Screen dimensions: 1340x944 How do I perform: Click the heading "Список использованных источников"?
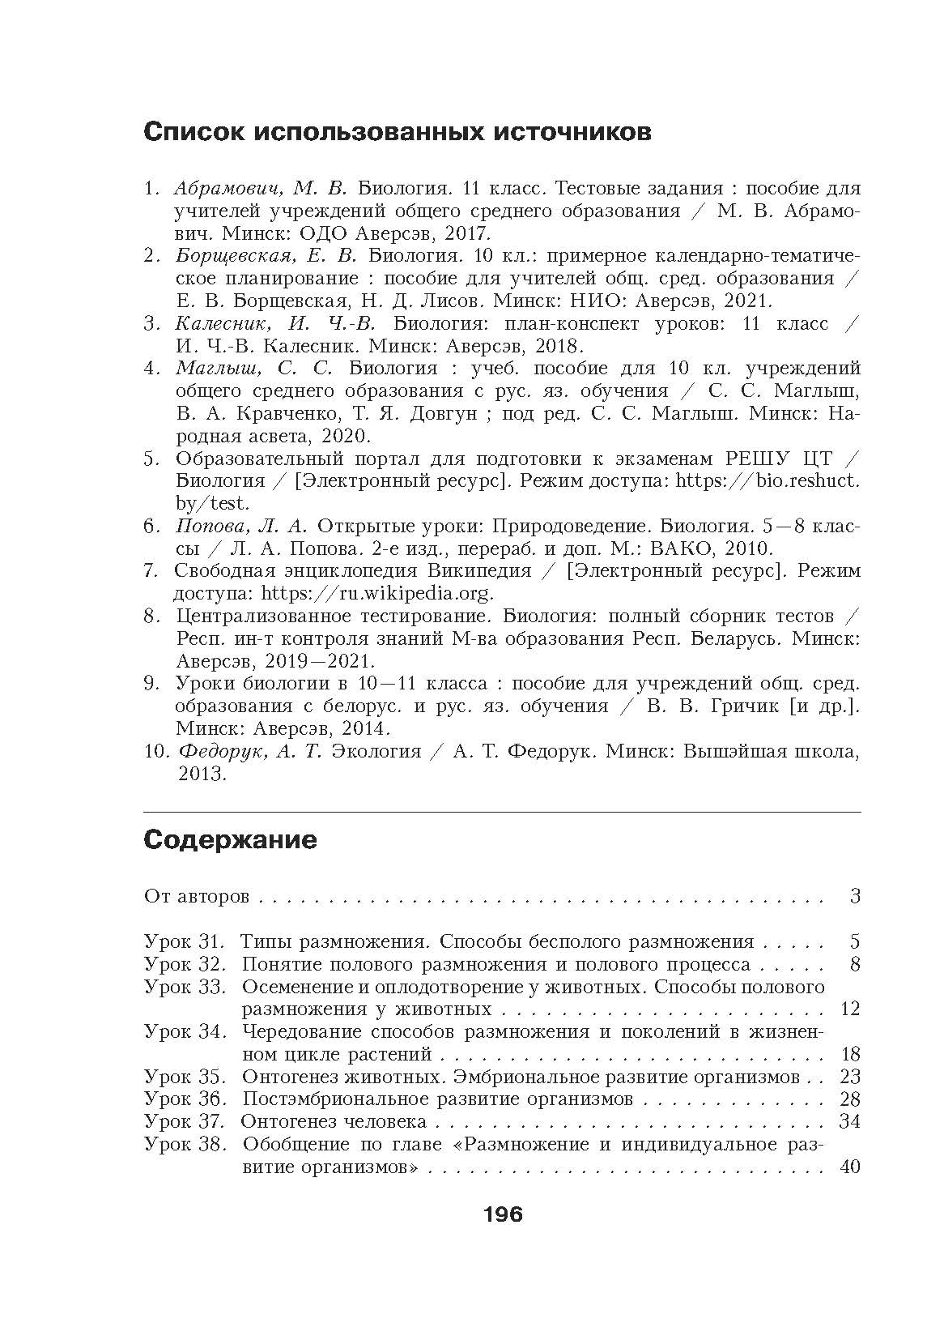tap(397, 132)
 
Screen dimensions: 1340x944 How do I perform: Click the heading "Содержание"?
tap(230, 839)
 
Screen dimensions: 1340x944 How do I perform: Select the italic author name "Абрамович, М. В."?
tap(260, 189)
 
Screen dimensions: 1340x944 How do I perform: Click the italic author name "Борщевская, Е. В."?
tap(266, 256)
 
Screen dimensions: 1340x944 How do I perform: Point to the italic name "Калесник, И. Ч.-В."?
tap(275, 323)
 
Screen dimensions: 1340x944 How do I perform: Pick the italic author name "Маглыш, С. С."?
tap(254, 369)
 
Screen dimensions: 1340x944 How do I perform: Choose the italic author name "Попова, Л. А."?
tap(240, 525)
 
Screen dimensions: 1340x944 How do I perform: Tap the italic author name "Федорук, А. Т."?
tap(249, 751)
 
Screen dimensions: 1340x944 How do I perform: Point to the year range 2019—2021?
tap(274, 660)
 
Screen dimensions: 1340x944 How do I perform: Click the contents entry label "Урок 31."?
tap(183, 941)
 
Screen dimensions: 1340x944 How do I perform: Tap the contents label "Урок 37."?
tap(183, 1121)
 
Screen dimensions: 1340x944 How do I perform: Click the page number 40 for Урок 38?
tap(850, 1167)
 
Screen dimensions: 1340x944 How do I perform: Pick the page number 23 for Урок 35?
tap(850, 1077)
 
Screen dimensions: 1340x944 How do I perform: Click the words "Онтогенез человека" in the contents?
tap(334, 1121)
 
